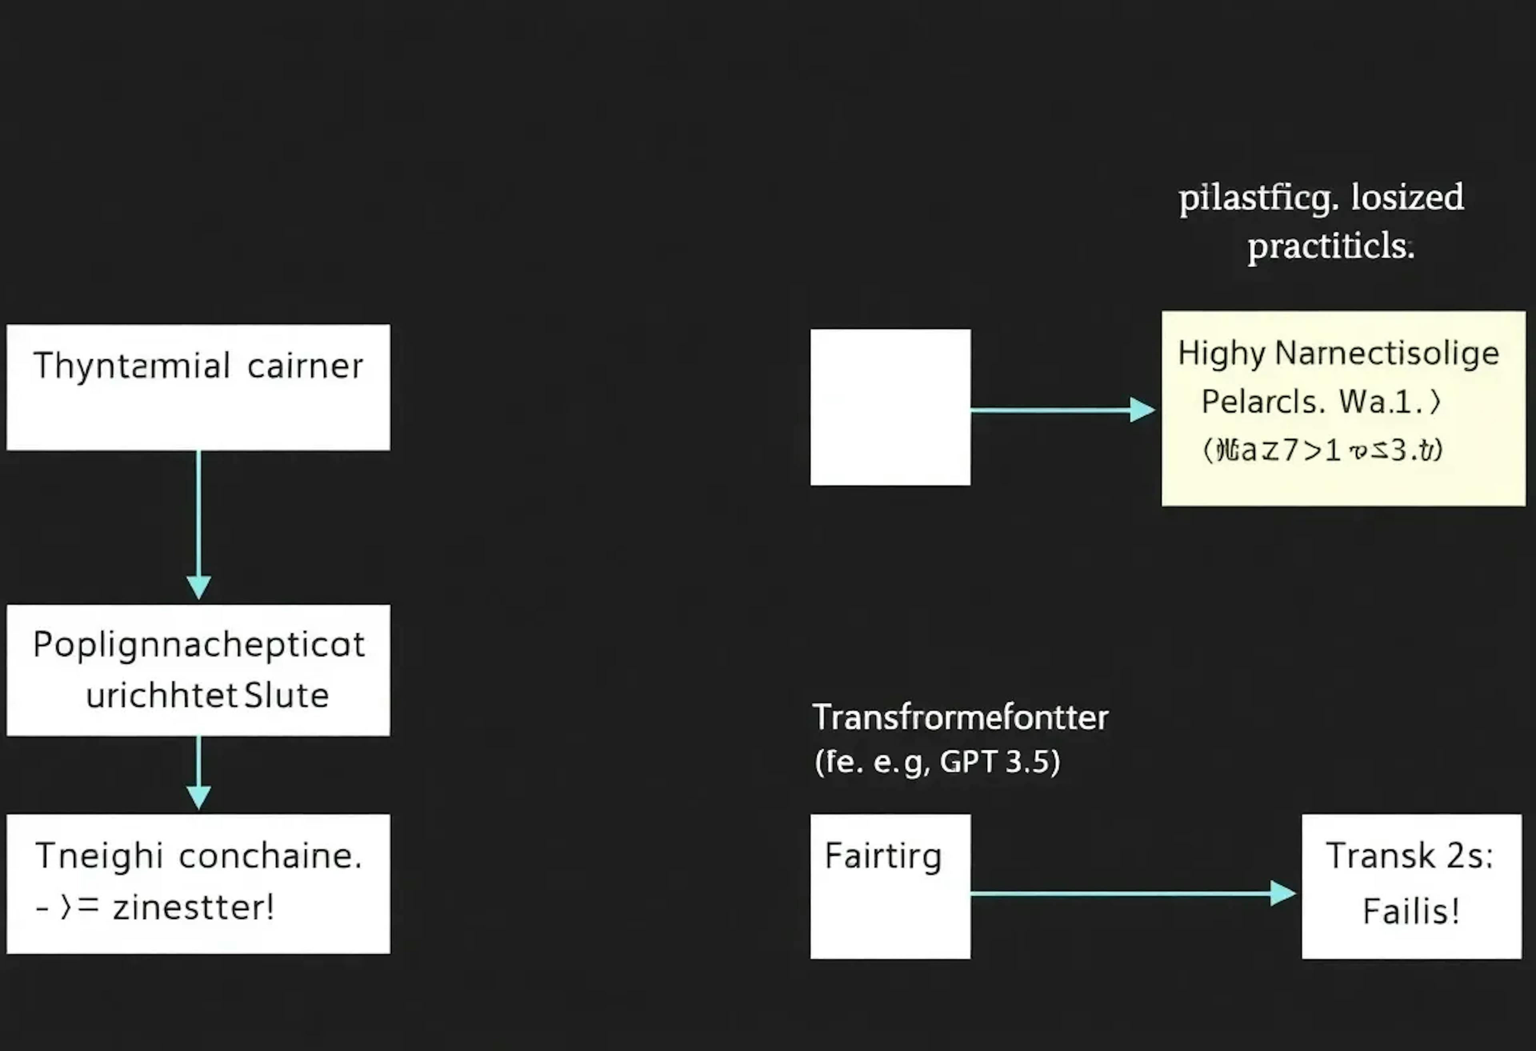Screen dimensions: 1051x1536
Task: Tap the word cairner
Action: point(305,366)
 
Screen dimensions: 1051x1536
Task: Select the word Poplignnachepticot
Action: point(198,645)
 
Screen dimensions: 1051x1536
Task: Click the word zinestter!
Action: point(193,907)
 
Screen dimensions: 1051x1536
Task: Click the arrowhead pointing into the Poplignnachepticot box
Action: point(198,587)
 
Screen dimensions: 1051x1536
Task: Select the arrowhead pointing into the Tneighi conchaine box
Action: point(198,797)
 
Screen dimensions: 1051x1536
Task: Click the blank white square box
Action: point(890,407)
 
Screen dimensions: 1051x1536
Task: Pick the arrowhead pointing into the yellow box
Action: point(1142,410)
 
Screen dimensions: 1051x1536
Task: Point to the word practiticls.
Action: point(1330,246)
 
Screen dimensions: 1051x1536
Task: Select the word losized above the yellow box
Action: point(1407,197)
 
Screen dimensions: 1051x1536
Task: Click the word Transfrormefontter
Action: point(960,718)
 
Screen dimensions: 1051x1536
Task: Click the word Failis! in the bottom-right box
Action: point(1411,911)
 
